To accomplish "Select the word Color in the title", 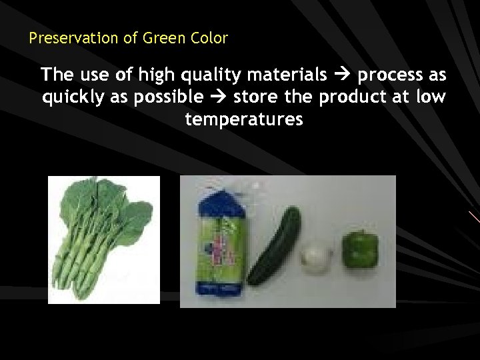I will (x=209, y=38).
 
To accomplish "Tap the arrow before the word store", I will (x=219, y=97).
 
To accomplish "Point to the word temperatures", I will (x=244, y=120).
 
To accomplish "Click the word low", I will (x=431, y=97).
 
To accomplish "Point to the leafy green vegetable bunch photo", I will (x=104, y=239).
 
